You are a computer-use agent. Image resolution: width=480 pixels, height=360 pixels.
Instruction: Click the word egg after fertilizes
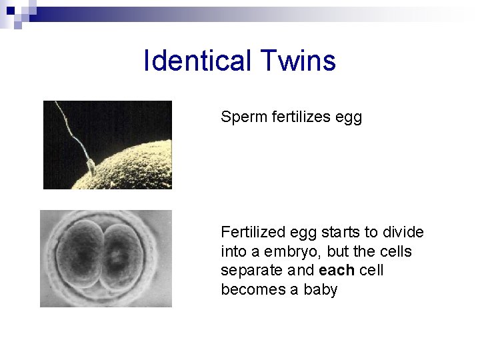(351, 119)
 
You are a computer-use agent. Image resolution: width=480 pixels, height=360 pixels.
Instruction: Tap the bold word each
(337, 271)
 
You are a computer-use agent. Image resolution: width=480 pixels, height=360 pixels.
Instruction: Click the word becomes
(246, 290)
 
